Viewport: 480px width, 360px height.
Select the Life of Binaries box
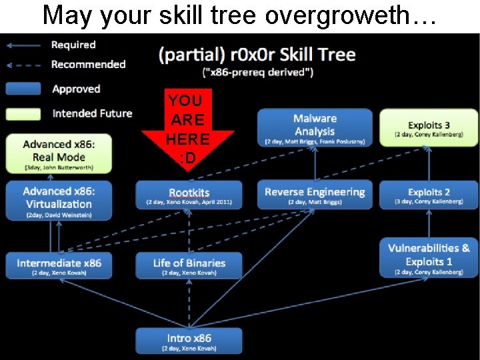click(189, 265)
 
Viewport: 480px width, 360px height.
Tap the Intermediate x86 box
click(59, 265)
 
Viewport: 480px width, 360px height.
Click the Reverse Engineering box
click(315, 194)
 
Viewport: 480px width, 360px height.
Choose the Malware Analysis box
click(315, 127)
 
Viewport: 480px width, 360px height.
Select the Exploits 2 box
click(429, 194)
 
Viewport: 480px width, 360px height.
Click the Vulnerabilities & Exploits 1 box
click(429, 258)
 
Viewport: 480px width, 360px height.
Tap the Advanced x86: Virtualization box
click(59, 198)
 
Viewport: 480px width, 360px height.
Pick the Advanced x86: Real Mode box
click(59, 153)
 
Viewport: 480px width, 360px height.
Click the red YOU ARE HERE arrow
click(187, 130)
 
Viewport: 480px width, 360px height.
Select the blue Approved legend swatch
click(24, 89)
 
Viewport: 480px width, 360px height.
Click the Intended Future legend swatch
click(24, 113)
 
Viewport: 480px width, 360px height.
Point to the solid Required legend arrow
click(24, 45)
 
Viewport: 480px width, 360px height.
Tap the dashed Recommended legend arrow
click(24, 65)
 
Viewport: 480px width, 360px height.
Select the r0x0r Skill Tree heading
click(257, 55)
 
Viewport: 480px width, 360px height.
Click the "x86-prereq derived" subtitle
click(257, 71)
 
